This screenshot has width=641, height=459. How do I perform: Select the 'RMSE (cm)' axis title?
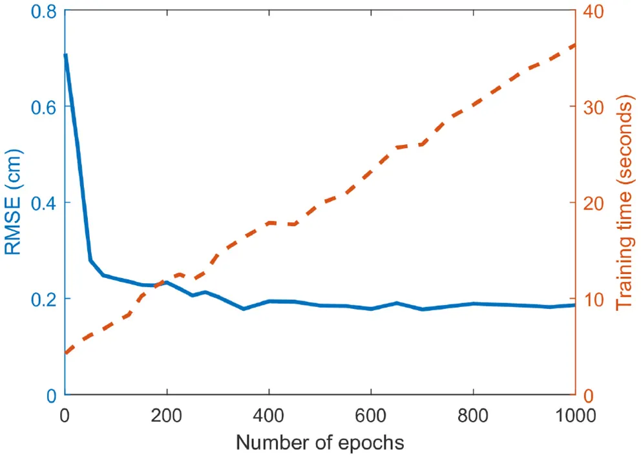[14, 203]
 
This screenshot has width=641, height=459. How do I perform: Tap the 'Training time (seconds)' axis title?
[624, 203]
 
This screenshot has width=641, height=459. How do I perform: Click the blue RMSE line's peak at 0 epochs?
[65, 56]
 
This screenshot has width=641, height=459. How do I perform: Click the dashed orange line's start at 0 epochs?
[65, 353]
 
